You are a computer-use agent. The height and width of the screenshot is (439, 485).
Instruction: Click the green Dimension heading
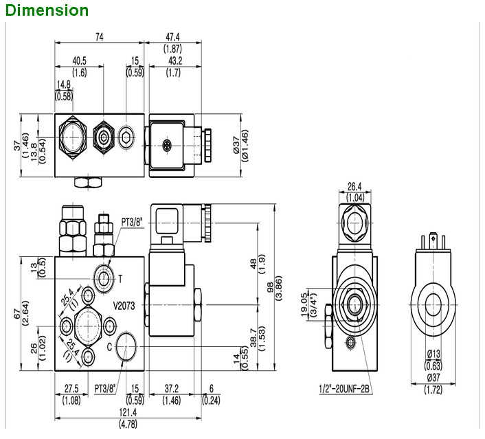pos(47,10)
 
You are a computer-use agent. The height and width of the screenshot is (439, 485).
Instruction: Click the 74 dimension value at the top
pos(100,38)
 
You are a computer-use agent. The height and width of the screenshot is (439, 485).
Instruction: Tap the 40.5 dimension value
pos(80,61)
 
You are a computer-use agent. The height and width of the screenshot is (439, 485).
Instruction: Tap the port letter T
pos(120,278)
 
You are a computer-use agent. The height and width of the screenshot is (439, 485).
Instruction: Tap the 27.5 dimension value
pos(71,388)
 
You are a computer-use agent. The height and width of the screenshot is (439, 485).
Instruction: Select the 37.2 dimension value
pos(172,388)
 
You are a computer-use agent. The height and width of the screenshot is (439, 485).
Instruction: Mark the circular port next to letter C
pos(127,349)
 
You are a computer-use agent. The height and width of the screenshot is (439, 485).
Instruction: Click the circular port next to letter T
pos(105,278)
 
